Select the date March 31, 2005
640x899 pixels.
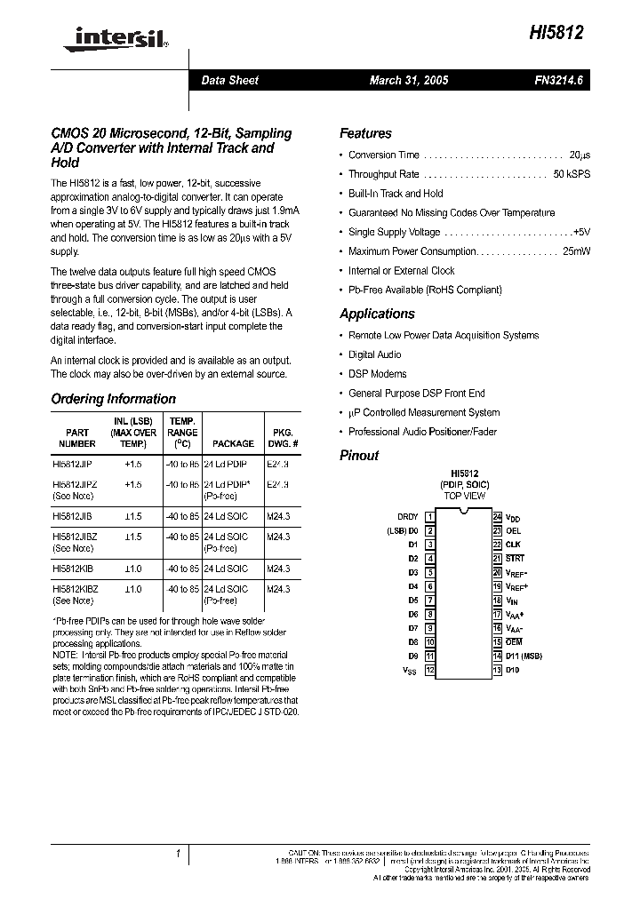pos(409,81)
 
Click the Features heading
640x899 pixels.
pos(365,133)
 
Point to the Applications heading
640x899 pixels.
pos(377,314)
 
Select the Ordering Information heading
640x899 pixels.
pos(113,399)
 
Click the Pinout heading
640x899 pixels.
pos(359,455)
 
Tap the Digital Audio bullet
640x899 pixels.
pos(375,354)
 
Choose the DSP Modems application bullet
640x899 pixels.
pos(377,374)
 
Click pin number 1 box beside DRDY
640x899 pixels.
pos(430,516)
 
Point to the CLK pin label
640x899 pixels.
pos(513,545)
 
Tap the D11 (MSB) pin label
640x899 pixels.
pos(524,656)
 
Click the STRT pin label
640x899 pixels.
pos(515,559)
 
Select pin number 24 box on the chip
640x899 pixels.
pos(497,516)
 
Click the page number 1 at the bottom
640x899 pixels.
pos(178,855)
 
